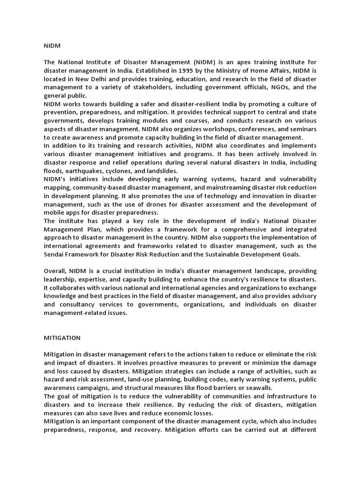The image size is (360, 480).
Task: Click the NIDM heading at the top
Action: click(52, 46)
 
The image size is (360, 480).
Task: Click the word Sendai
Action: click(55, 254)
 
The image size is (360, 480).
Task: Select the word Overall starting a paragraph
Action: click(55, 271)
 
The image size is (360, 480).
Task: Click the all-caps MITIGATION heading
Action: click(62, 337)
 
